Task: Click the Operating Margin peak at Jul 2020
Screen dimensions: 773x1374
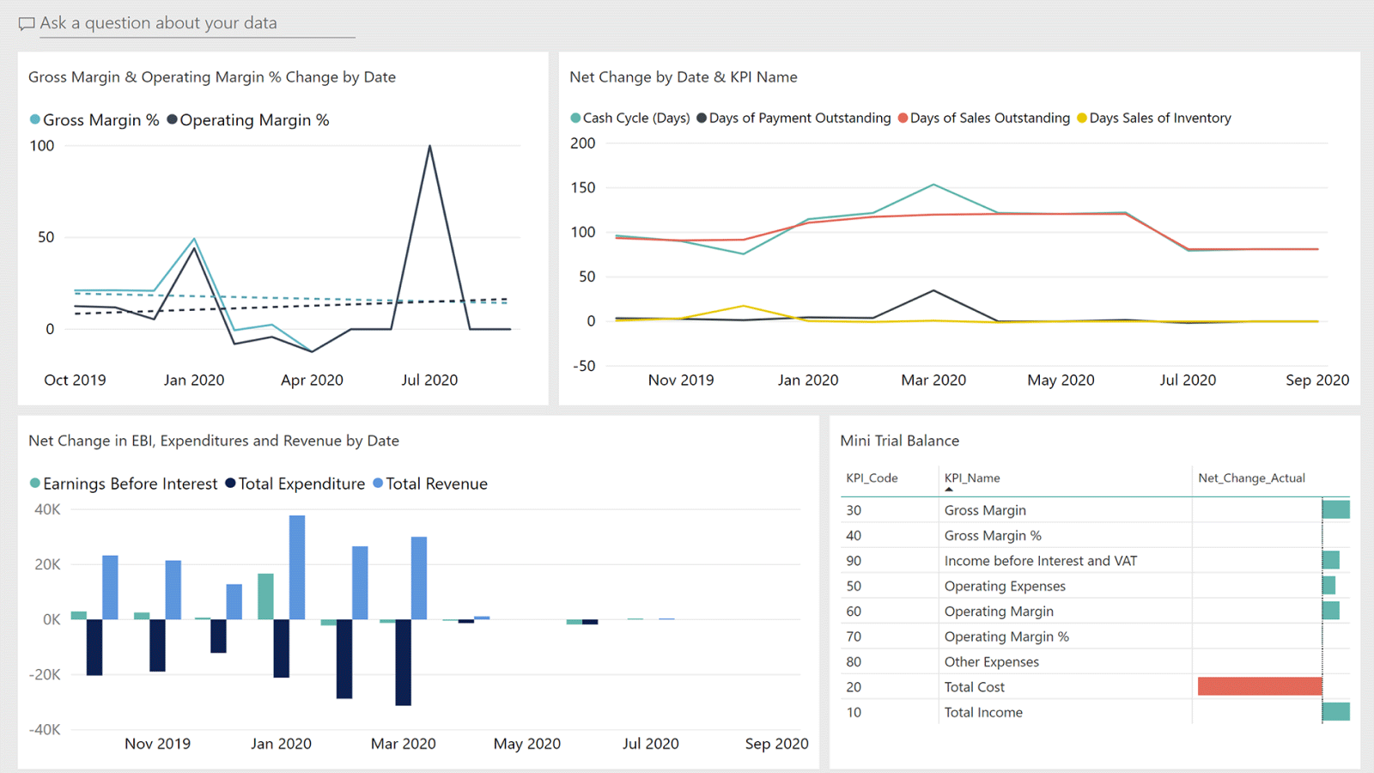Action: click(x=429, y=147)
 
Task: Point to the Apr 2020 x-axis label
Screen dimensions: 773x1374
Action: click(x=312, y=380)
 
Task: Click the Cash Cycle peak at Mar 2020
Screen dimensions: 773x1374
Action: click(x=933, y=185)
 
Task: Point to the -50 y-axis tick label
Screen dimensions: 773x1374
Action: click(x=584, y=366)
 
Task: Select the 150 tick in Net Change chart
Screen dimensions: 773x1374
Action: click(x=583, y=188)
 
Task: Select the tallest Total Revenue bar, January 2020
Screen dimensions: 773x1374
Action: click(x=297, y=567)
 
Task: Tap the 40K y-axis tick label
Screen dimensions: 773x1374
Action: click(x=47, y=509)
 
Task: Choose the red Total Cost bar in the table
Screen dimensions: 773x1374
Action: click(x=1260, y=686)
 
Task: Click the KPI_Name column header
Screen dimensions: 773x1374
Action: click(x=972, y=478)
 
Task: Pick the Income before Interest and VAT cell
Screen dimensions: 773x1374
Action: click(x=1040, y=561)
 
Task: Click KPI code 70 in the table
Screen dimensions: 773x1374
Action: click(x=854, y=636)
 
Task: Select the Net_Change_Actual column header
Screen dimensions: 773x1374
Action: click(x=1251, y=478)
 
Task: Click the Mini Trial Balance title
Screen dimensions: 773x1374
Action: click(x=899, y=441)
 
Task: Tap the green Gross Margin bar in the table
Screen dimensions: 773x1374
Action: click(x=1335, y=509)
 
